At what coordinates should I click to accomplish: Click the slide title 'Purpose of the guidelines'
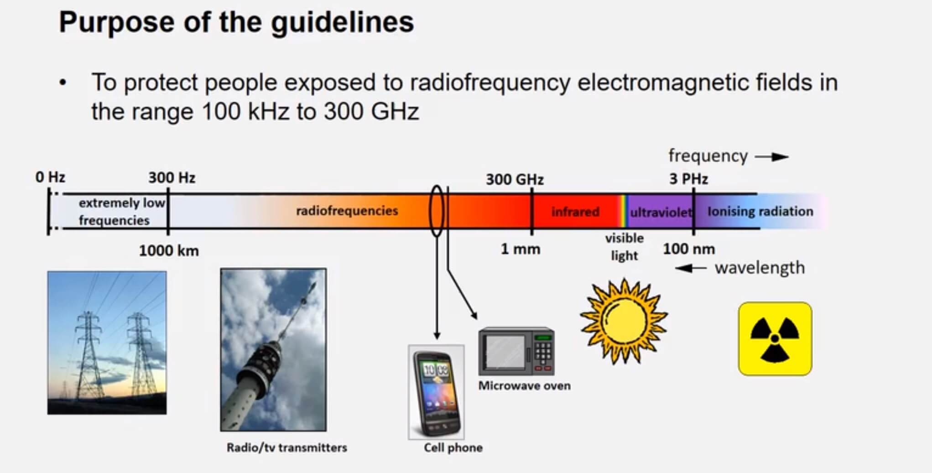tap(236, 22)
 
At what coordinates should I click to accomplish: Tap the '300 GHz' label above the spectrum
tap(515, 179)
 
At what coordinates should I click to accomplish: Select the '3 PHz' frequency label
tap(688, 179)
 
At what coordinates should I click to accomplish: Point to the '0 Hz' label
tap(50, 177)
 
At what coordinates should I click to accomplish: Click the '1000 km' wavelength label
tap(169, 250)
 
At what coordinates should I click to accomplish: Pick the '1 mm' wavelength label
tap(520, 249)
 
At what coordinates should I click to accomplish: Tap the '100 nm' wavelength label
tap(688, 249)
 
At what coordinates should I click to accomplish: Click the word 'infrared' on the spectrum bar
tap(575, 212)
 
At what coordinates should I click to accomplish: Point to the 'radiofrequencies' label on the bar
tap(347, 211)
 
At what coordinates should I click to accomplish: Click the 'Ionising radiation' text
tap(760, 211)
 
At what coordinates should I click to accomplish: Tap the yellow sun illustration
tap(624, 321)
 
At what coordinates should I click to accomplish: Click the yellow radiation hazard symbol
tap(775, 338)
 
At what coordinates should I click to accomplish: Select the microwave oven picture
tap(516, 351)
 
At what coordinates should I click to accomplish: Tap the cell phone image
tap(436, 392)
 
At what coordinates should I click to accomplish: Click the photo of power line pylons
tap(107, 343)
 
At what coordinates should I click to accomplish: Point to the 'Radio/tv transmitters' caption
tap(286, 447)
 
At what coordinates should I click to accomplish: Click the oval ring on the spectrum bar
tap(437, 211)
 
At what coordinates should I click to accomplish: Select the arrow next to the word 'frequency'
tap(772, 157)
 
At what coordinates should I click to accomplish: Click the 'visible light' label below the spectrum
tap(624, 246)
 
